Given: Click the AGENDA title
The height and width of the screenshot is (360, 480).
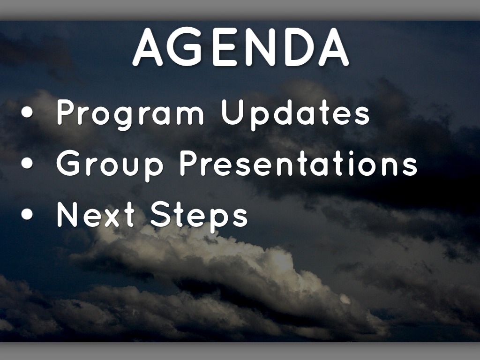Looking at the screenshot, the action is coord(240,47).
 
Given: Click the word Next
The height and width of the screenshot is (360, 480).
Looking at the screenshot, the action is coord(96,214).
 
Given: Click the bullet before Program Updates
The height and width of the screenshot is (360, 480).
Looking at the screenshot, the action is coord(27,112).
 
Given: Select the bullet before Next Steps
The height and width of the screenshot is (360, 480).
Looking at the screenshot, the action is coord(27,214).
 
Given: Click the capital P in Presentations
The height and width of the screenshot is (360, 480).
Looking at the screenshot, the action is coord(190,163).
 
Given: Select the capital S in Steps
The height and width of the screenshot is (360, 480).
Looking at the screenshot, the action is coord(161,214).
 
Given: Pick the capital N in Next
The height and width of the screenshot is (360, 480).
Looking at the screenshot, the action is coord(67,214).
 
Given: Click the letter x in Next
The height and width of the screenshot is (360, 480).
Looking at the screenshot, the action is coord(112,217).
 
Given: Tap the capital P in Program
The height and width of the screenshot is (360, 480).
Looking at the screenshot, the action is coord(67,112).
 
